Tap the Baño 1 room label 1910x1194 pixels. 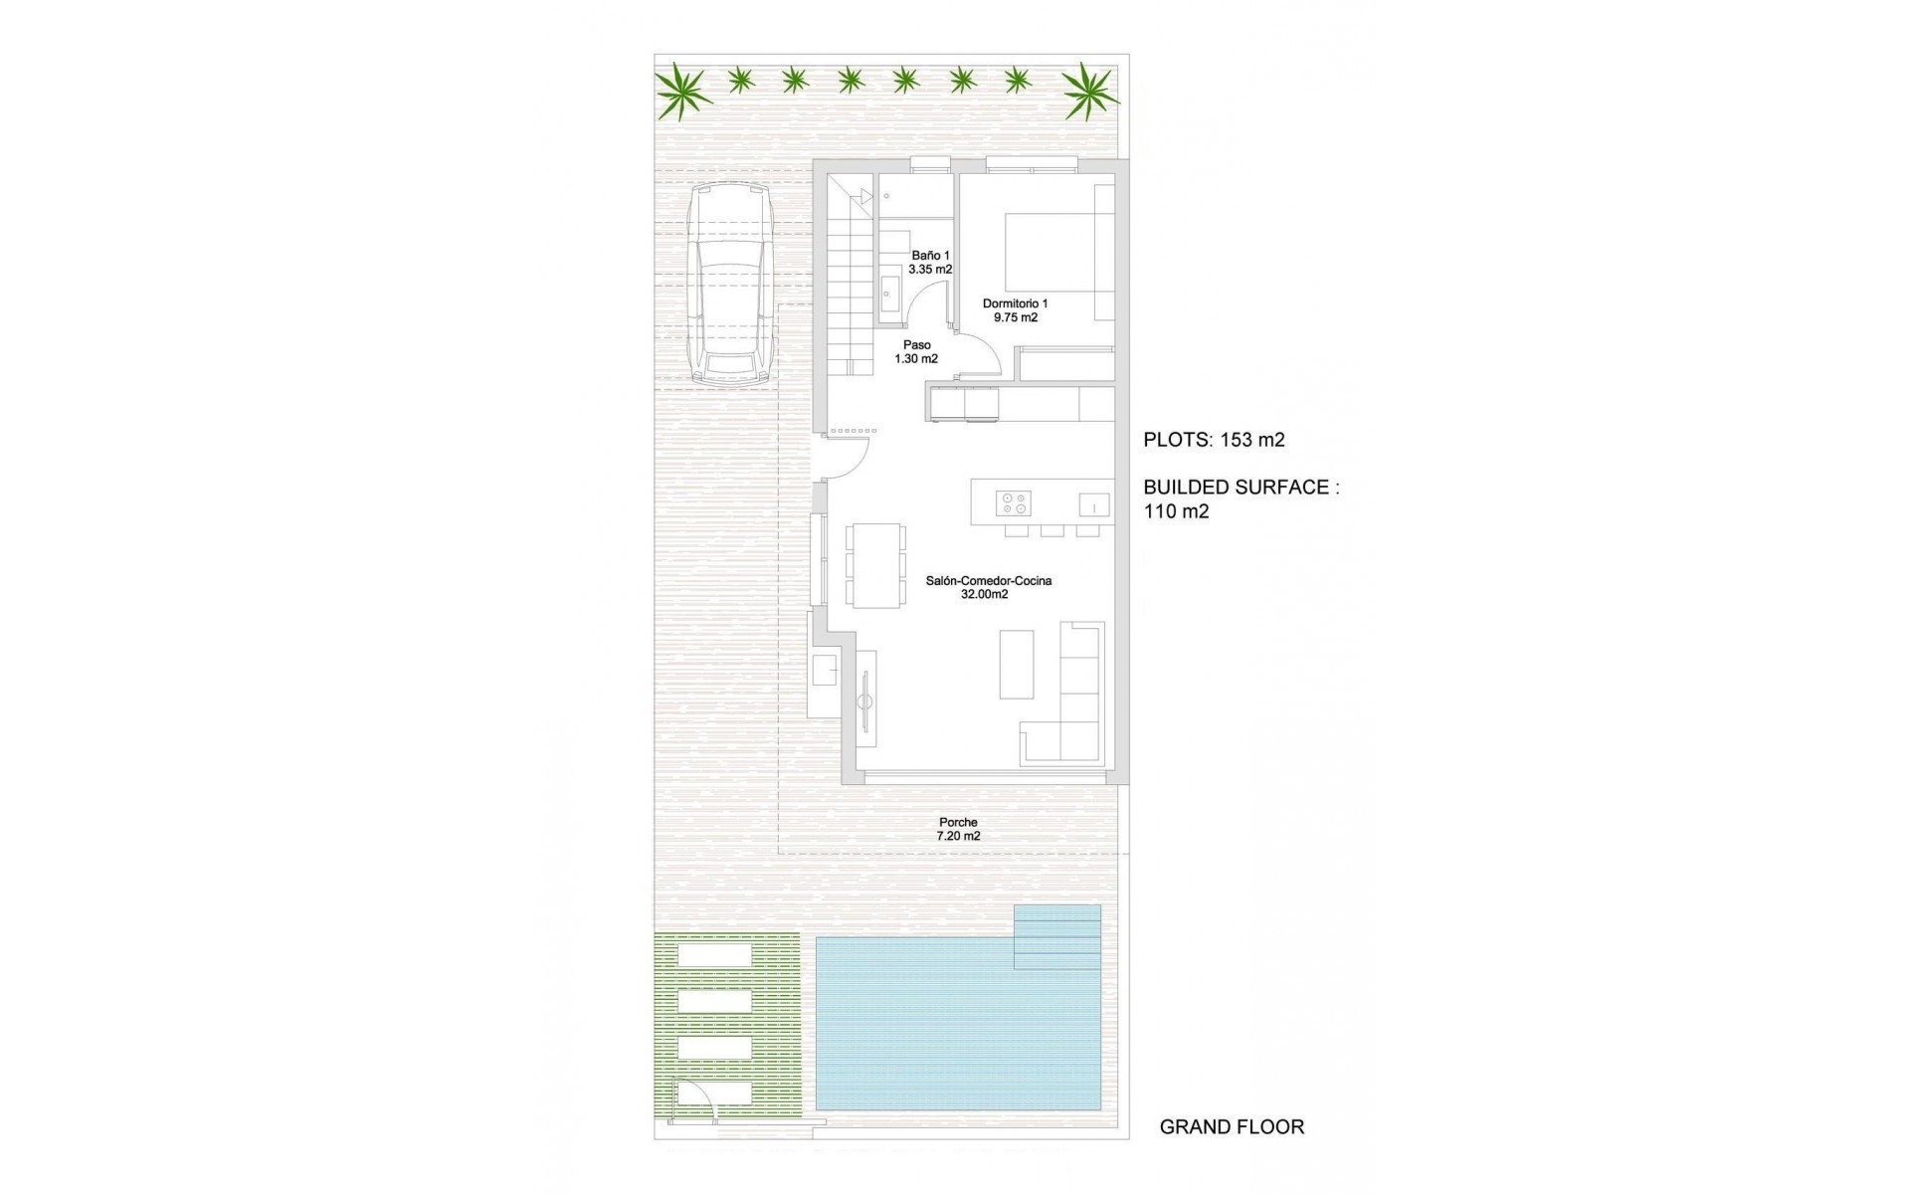pyautogui.click(x=930, y=263)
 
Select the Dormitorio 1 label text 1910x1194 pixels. pyautogui.click(x=1015, y=310)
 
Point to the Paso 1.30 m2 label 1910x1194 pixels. pyautogui.click(x=916, y=352)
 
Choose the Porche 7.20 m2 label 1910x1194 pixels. pyautogui.click(x=958, y=829)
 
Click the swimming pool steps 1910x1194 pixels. pyautogui.click(x=1057, y=936)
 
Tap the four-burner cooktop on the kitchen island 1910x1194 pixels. pyautogui.click(x=1014, y=503)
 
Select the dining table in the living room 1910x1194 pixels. pyautogui.click(x=875, y=565)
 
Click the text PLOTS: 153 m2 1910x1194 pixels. pyautogui.click(x=1214, y=440)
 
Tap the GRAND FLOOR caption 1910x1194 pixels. pyautogui.click(x=1232, y=1127)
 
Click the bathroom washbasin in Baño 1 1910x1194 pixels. pyautogui.click(x=889, y=294)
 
